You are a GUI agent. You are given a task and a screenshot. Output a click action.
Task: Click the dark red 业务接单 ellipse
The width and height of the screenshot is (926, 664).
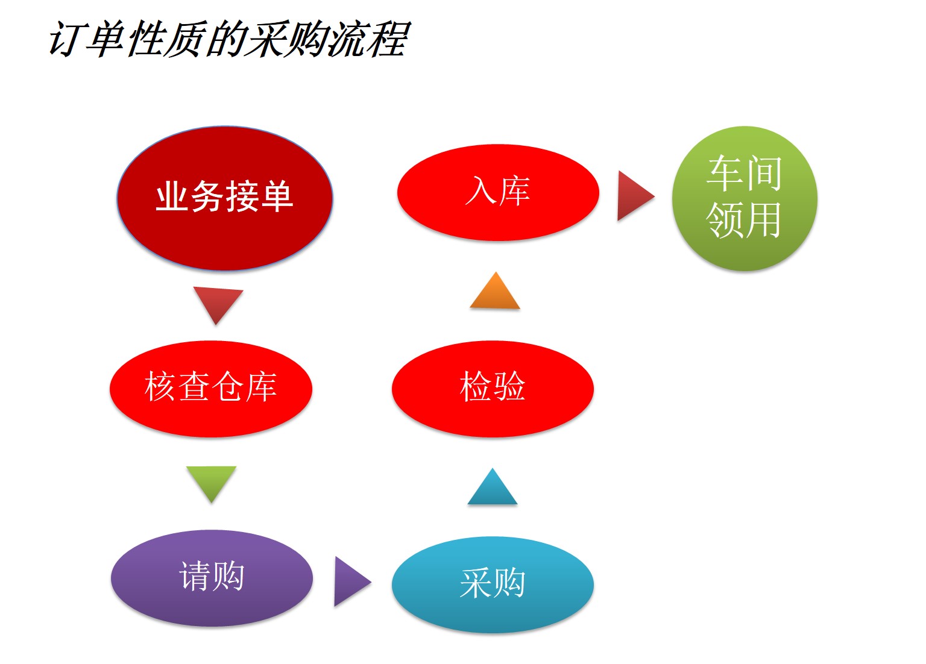(225, 198)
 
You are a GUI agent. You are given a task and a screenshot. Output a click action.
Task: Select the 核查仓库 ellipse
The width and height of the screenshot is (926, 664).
(211, 389)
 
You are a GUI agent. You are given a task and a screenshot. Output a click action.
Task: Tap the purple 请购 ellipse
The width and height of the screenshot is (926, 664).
(212, 578)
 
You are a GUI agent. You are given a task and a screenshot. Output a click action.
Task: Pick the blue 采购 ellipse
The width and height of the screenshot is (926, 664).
(493, 584)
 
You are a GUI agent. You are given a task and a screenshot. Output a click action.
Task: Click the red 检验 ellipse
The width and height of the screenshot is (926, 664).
(493, 389)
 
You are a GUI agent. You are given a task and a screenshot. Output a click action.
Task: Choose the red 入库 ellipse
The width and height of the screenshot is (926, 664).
(498, 193)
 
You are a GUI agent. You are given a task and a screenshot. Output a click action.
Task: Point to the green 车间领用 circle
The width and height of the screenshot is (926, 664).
(745, 198)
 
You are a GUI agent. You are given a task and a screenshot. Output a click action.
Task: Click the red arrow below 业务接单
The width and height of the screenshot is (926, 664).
(218, 305)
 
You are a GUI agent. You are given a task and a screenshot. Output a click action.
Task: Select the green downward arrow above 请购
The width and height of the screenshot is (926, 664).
(211, 484)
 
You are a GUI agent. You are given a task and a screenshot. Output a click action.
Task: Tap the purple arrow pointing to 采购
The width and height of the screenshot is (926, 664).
(353, 581)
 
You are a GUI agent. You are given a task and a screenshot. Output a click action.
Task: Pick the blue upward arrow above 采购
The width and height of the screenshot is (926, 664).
(493, 486)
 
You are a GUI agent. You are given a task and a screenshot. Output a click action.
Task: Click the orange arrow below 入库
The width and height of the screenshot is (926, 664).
(495, 290)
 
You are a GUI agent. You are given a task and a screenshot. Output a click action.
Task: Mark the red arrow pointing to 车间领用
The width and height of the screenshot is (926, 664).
(636, 196)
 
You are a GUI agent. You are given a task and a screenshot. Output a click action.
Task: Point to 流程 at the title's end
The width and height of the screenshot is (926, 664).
(367, 39)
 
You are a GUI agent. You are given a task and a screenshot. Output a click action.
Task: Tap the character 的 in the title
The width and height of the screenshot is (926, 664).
(227, 39)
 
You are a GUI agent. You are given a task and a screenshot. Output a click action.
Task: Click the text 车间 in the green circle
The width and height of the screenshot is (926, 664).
(744, 173)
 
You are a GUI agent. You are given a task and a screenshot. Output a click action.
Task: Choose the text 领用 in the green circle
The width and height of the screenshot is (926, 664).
(744, 221)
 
